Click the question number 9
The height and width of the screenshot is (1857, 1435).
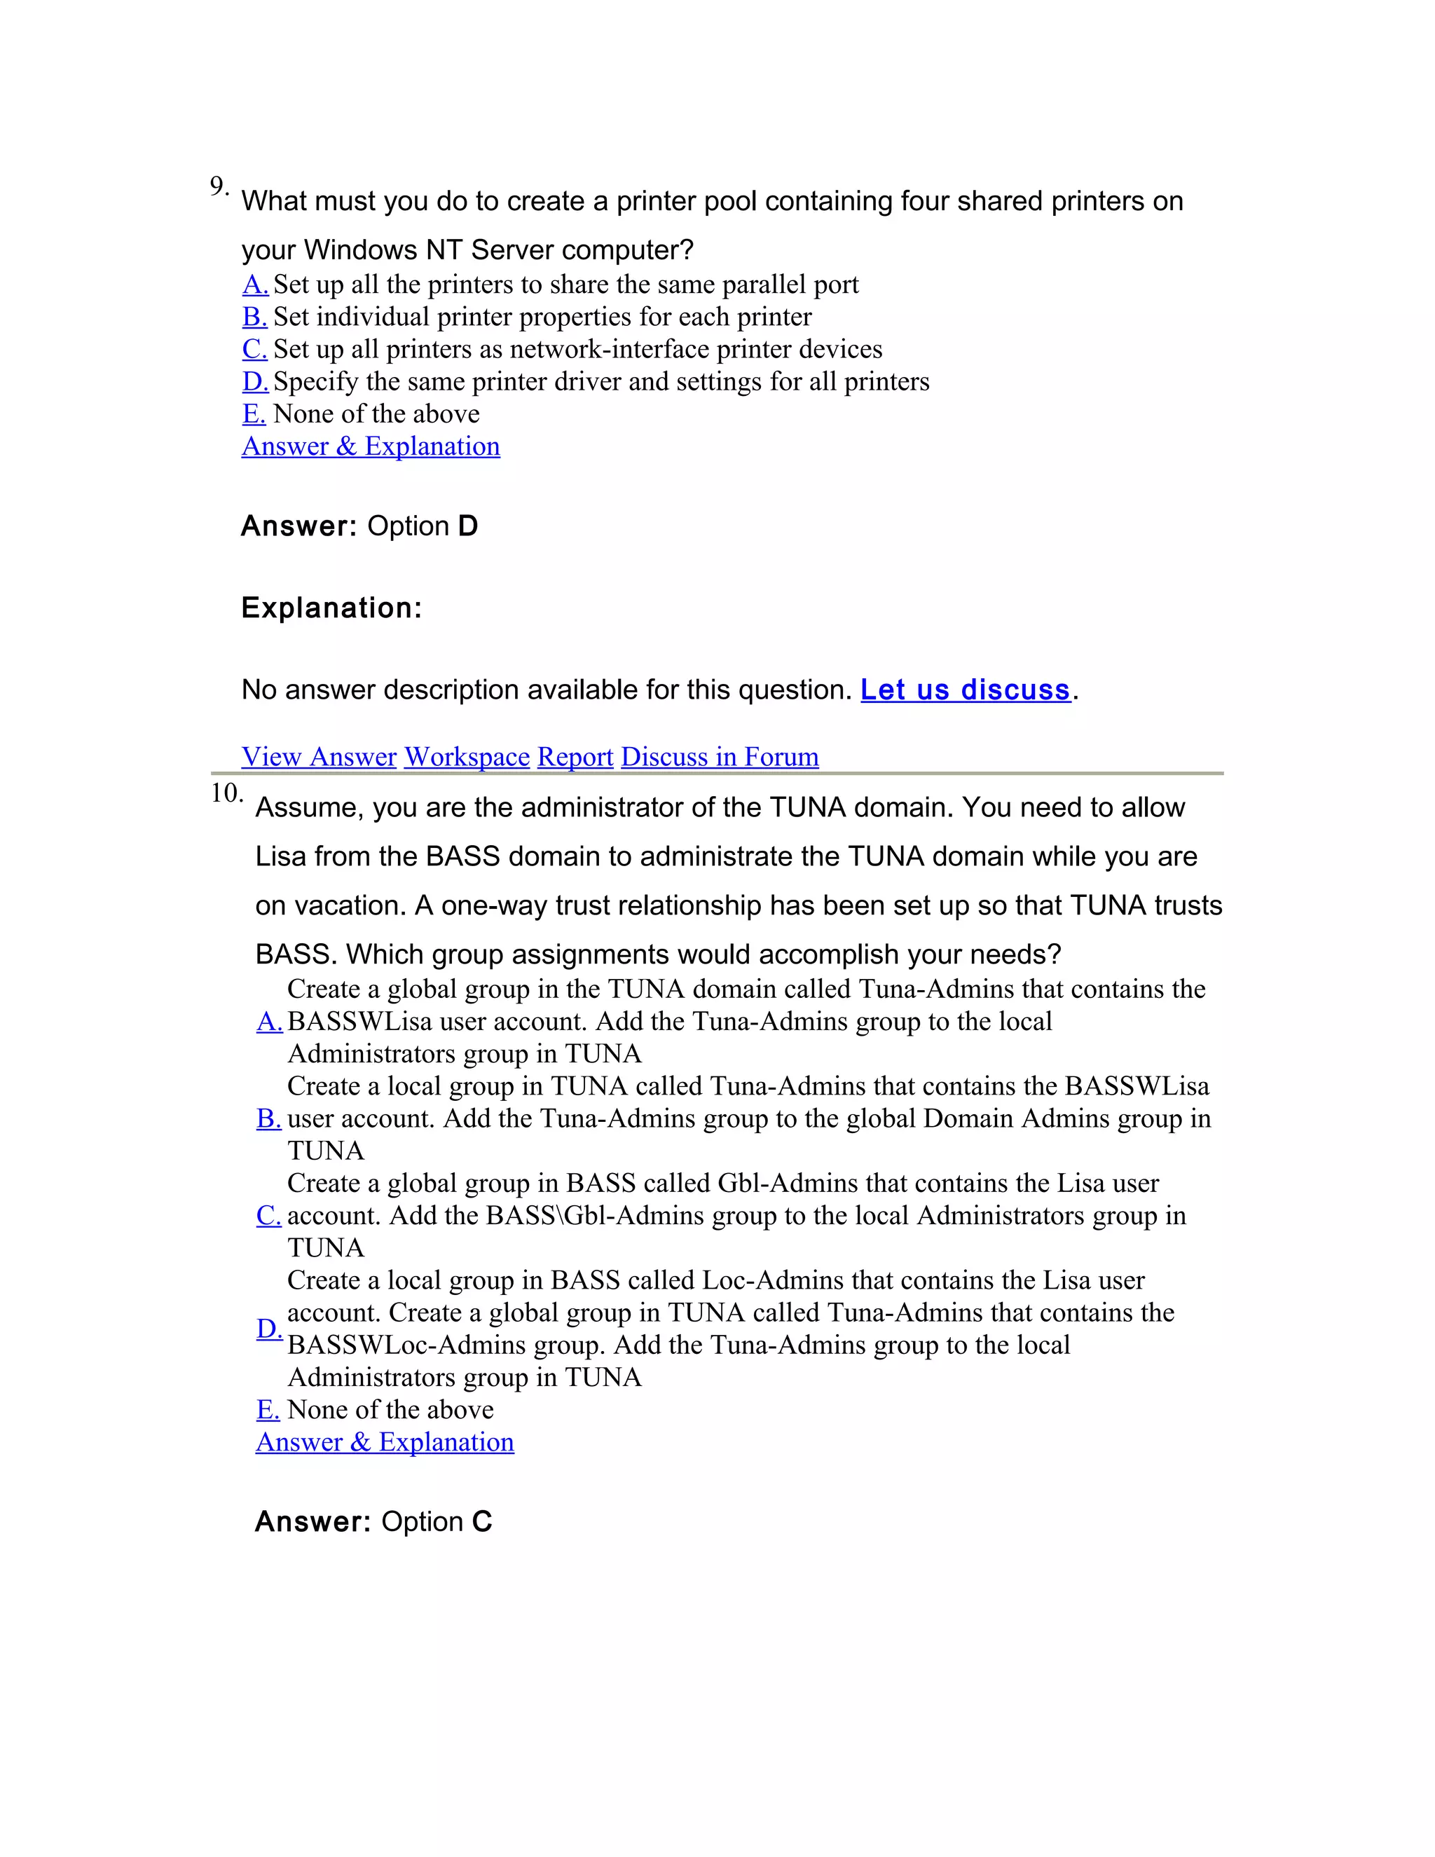tap(219, 186)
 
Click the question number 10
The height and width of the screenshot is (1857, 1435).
tap(226, 793)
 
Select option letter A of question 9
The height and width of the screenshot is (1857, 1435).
tap(255, 284)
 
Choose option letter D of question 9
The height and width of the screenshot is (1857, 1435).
tap(255, 381)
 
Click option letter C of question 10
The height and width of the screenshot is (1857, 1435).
tap(268, 1215)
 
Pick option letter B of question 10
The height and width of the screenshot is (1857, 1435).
tap(268, 1118)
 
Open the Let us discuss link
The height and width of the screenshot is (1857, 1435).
tap(965, 690)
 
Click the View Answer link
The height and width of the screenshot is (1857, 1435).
tap(319, 757)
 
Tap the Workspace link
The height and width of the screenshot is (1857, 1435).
tap(467, 757)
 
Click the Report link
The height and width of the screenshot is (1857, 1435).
tap(575, 757)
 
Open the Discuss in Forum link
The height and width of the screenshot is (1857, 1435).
tap(719, 757)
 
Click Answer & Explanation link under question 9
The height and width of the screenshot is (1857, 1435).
tap(371, 446)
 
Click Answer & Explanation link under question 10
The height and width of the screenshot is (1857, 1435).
tap(384, 1442)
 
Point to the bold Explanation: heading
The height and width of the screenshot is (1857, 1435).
tap(331, 608)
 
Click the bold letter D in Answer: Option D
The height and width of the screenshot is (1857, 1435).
tap(467, 526)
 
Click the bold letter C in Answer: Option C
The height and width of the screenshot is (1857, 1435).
tap(482, 1522)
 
